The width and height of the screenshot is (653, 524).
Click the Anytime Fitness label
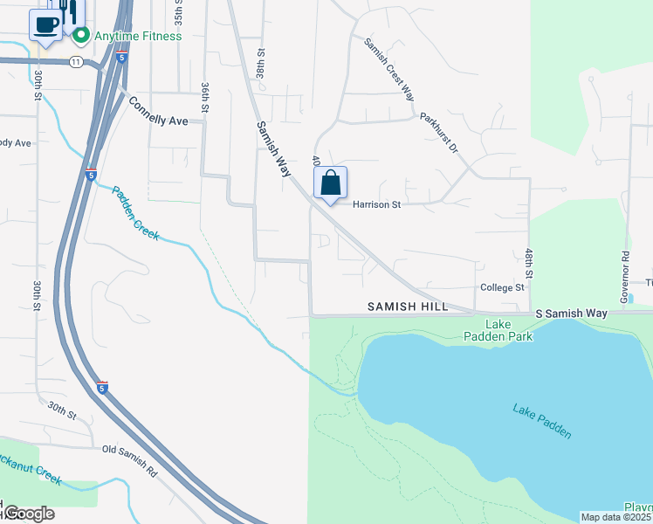pos(138,36)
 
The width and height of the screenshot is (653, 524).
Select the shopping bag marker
pos(330,183)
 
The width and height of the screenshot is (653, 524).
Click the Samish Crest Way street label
pos(389,69)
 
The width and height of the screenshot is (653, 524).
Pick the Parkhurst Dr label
pos(439,132)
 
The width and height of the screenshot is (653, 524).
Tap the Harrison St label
pos(376,204)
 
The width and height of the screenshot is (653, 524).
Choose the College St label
pos(501,287)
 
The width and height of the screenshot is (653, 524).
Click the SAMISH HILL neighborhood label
pos(407,307)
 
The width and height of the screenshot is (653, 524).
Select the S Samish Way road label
pos(571,313)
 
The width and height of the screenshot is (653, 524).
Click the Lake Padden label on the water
pos(542,420)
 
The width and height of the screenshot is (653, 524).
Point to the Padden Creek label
pos(135,213)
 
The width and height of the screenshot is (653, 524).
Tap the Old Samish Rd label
pos(129,461)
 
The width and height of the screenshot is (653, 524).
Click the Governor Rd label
pos(625,277)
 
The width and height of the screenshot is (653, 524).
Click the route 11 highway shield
pos(76,61)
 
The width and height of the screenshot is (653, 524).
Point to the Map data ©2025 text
pos(616,517)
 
